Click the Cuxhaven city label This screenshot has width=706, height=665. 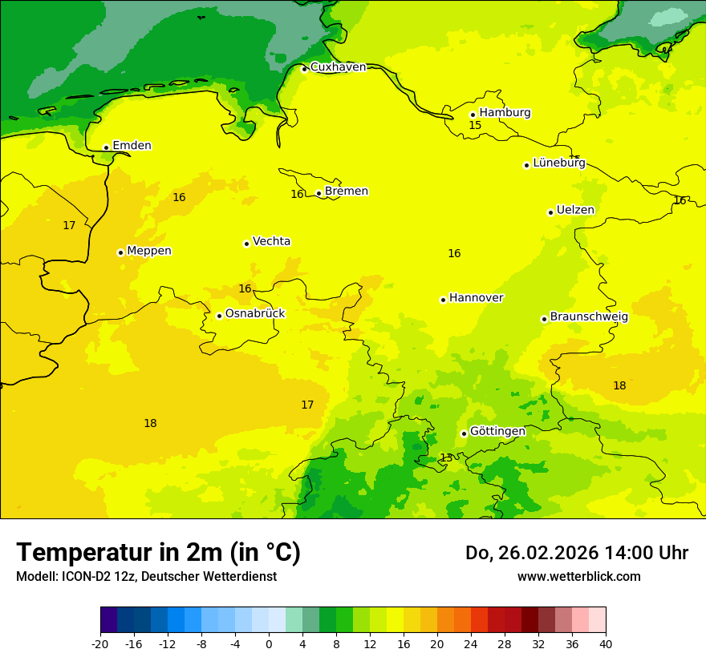[x=338, y=67]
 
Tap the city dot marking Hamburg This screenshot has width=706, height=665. [x=473, y=115]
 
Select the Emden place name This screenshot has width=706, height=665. [x=132, y=146]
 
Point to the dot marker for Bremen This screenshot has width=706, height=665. [x=319, y=193]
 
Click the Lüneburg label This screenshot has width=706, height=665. [x=558, y=163]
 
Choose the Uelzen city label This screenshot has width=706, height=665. [x=575, y=211]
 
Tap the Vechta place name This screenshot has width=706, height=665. [x=271, y=242]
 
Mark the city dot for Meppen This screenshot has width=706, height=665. [x=120, y=252]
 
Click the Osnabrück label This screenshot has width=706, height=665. [x=254, y=314]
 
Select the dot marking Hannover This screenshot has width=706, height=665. [x=443, y=300]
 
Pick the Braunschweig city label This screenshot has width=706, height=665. [x=589, y=317]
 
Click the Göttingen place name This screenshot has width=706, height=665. [x=497, y=432]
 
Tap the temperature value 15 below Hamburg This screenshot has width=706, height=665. [x=475, y=126]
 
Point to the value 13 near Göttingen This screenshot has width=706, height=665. [x=446, y=457]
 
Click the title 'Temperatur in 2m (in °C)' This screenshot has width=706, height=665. [x=158, y=553]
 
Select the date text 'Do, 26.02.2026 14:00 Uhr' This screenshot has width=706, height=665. [x=577, y=553]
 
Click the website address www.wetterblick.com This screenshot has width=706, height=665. [x=578, y=577]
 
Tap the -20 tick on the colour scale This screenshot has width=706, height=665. [x=100, y=643]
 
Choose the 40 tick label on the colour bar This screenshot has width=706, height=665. [x=606, y=643]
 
